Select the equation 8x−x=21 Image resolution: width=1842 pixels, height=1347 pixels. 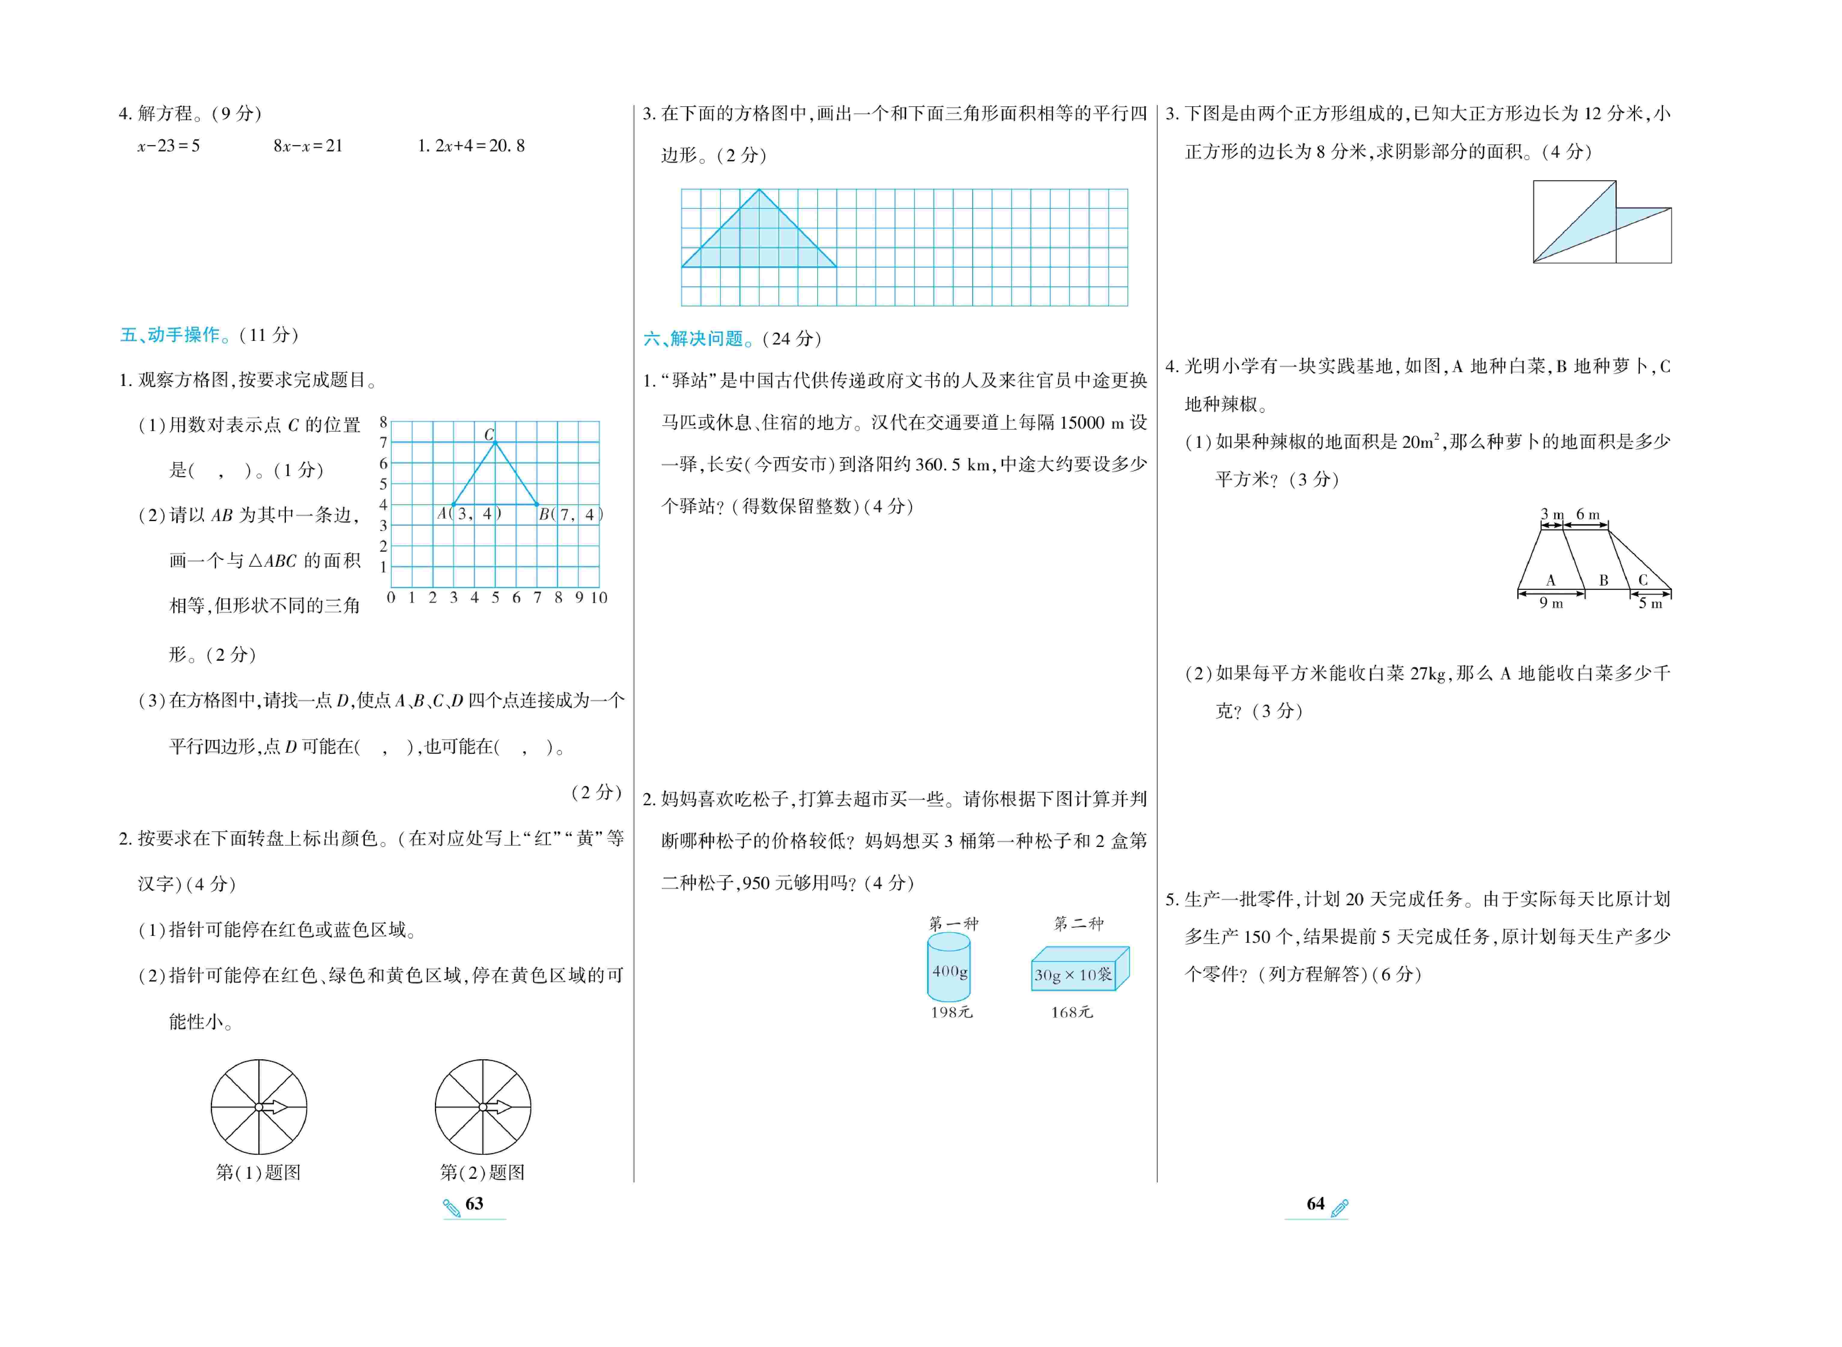pyautogui.click(x=308, y=146)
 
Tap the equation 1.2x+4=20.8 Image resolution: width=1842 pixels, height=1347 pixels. pyautogui.click(x=471, y=146)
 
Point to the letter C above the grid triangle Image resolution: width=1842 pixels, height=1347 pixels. pyautogui.click(x=489, y=435)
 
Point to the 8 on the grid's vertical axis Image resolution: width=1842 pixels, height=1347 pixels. pyautogui.click(x=383, y=422)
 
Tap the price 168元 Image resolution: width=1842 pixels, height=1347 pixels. pyautogui.click(x=1071, y=1012)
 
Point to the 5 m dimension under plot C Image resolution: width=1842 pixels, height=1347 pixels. pyautogui.click(x=1650, y=603)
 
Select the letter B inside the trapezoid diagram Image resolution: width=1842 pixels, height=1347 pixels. pyautogui.click(x=1604, y=581)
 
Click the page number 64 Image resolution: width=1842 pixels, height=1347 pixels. pyautogui.click(x=1315, y=1203)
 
